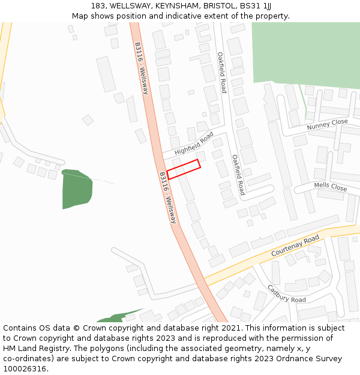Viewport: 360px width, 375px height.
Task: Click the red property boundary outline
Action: pyautogui.click(x=183, y=169)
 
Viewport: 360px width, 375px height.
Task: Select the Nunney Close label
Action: pyautogui.click(x=327, y=124)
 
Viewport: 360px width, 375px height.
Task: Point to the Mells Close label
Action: pyautogui.click(x=331, y=187)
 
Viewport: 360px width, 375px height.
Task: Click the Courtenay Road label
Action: pyautogui.click(x=295, y=246)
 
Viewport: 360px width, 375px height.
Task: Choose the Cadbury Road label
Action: pyautogui.click(x=286, y=293)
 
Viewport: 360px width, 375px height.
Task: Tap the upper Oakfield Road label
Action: pyautogui.click(x=221, y=72)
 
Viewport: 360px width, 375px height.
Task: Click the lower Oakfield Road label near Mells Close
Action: pyautogui.click(x=238, y=175)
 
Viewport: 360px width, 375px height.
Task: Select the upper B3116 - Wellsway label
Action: pyautogui.click(x=142, y=68)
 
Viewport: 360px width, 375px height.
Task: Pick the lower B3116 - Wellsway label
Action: pyautogui.click(x=168, y=198)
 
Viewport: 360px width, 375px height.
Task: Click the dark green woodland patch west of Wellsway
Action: pyautogui.click(x=77, y=188)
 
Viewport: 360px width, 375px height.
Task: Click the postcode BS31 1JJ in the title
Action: pyautogui.click(x=255, y=5)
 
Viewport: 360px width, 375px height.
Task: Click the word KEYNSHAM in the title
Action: pyautogui.click(x=178, y=5)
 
